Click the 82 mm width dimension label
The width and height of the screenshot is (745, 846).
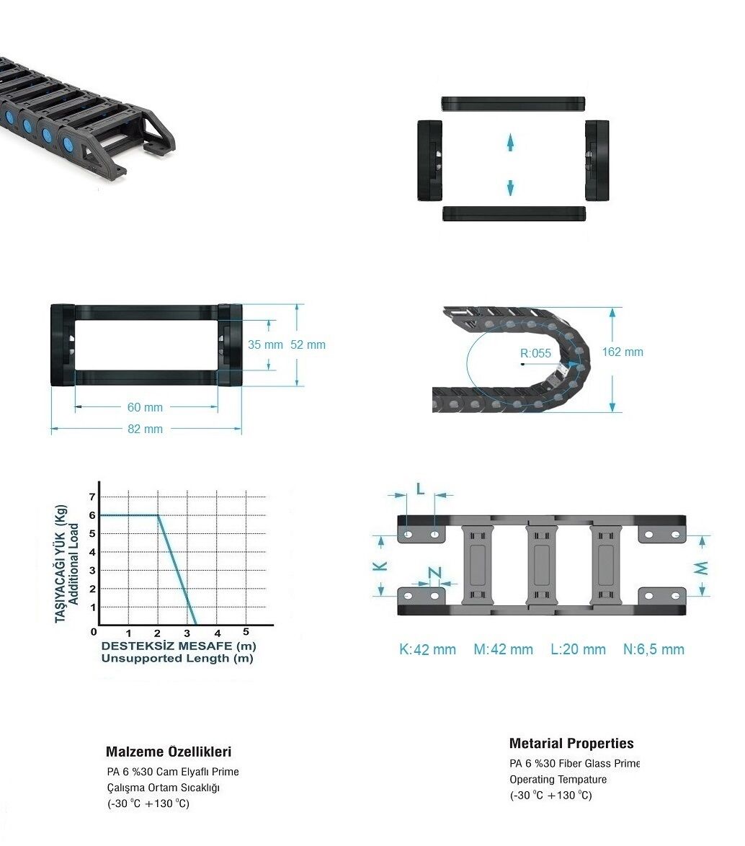[x=145, y=429]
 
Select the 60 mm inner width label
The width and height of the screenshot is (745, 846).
[x=145, y=407]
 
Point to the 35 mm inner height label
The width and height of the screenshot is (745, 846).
[x=265, y=344]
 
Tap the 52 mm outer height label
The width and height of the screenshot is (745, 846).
[x=308, y=344]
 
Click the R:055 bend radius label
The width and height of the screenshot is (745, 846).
[x=535, y=353]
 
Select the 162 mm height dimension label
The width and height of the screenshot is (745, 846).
[x=623, y=352]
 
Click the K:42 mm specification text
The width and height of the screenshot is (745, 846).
[x=427, y=649]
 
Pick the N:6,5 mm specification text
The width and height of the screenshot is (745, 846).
[x=653, y=649]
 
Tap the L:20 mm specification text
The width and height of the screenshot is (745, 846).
[x=579, y=649]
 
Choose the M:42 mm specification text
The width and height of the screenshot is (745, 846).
[x=504, y=649]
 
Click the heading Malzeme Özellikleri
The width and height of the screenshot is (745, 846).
[x=169, y=752]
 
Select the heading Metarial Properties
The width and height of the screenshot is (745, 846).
[x=571, y=744]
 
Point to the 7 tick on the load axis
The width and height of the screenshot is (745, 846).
[x=92, y=497]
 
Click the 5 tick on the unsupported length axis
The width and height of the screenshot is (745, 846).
[x=246, y=632]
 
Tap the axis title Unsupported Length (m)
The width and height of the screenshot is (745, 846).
[x=177, y=658]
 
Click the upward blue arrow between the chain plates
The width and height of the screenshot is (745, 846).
[x=510, y=143]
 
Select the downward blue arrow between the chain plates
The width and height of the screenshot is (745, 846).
[x=510, y=187]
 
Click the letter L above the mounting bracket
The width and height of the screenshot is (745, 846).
[x=421, y=489]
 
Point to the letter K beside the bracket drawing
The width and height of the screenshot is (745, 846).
[x=380, y=566]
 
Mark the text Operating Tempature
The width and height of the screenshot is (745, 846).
[x=558, y=780]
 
